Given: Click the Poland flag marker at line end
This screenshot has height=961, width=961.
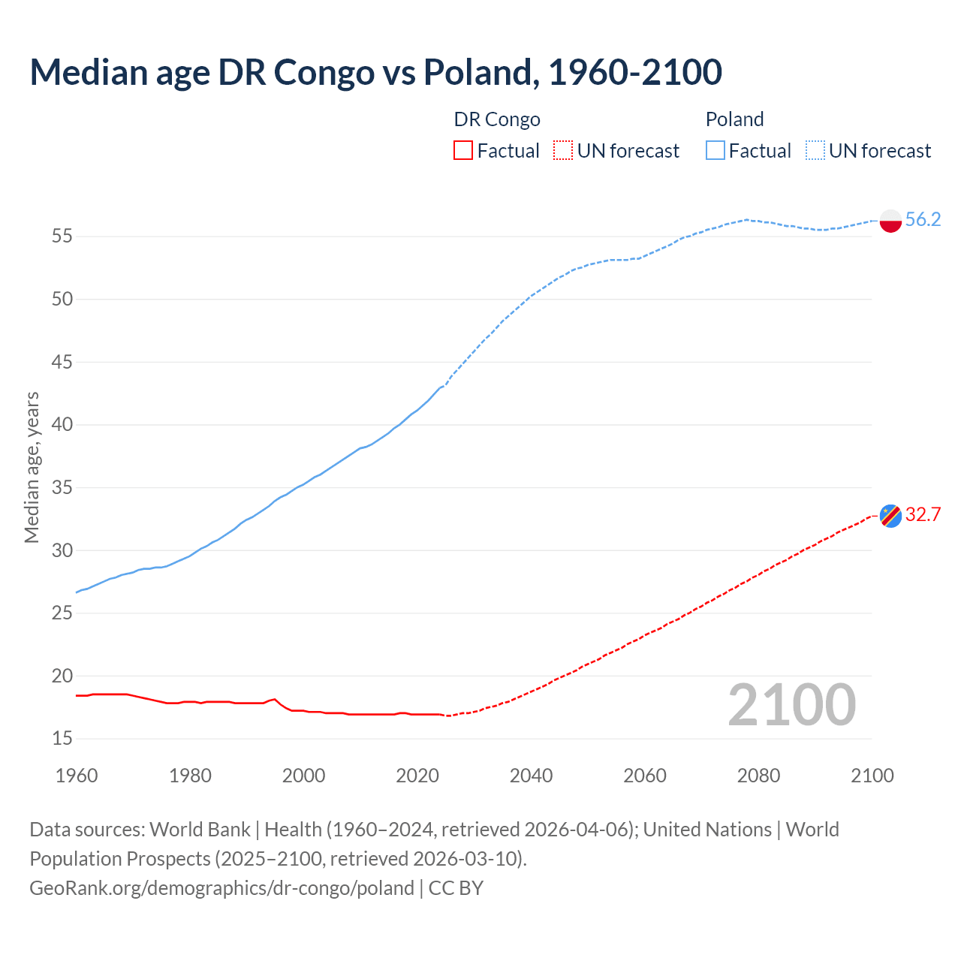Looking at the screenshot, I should [x=890, y=221].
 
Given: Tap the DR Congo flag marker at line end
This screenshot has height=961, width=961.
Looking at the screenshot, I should [x=890, y=516].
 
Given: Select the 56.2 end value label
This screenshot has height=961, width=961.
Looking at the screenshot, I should [x=923, y=219].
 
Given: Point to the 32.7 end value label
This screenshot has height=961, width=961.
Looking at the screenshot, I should [x=923, y=514].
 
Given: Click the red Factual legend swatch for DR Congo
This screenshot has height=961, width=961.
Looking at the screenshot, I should [x=463, y=151].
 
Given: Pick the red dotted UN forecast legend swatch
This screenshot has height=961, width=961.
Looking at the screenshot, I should [x=563, y=151].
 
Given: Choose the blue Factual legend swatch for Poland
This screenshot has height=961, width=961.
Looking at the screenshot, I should [x=715, y=151].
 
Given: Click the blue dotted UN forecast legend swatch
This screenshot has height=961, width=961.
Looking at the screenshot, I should [x=815, y=151].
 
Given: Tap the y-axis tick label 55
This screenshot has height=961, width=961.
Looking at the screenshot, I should [x=62, y=236].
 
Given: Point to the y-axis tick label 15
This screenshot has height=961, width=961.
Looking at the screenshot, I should [x=62, y=739].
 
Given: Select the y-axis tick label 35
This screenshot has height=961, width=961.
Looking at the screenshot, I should [x=62, y=488].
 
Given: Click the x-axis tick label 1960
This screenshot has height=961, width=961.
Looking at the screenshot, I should [x=77, y=776].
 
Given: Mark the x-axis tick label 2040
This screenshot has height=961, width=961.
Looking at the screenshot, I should [x=531, y=776].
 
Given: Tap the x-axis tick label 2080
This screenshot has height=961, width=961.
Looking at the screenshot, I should [x=758, y=776].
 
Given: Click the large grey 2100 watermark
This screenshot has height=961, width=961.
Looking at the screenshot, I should [x=791, y=704].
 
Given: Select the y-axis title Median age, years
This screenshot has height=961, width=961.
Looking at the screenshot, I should [x=32, y=467].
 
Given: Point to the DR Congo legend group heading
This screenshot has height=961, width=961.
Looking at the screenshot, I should [x=497, y=119].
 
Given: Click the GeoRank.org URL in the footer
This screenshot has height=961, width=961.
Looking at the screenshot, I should [x=221, y=888].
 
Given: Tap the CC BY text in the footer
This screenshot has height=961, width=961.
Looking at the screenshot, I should [x=456, y=888].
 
